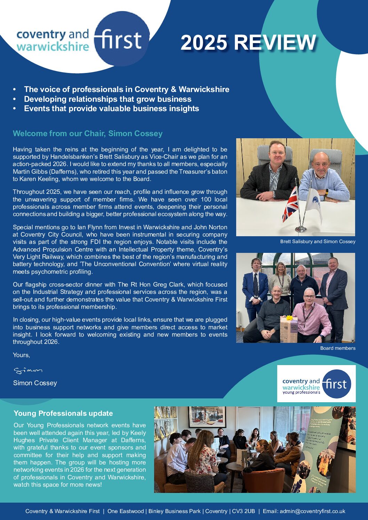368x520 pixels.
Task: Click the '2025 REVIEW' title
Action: pyautogui.click(x=248, y=43)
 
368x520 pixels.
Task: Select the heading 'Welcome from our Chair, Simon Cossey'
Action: pyautogui.click(x=88, y=134)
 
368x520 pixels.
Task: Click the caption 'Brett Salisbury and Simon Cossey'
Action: pyautogui.click(x=318, y=241)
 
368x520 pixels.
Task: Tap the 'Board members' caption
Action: pyautogui.click(x=337, y=348)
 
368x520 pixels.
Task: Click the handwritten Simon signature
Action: pyautogui.click(x=28, y=371)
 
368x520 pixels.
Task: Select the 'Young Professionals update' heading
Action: pyautogui.click(x=63, y=413)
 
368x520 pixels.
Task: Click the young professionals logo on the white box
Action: pyautogui.click(x=316, y=384)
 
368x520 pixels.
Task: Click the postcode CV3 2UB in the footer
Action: pyautogui.click(x=243, y=511)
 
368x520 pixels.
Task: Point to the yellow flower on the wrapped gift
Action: pyautogui.click(x=288, y=317)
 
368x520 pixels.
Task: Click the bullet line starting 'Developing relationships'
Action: pyautogui.click(x=107, y=99)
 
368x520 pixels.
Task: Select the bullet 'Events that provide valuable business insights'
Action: pyautogui.click(x=111, y=108)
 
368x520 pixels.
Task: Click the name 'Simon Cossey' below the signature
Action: pyautogui.click(x=35, y=383)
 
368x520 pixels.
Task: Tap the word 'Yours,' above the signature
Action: pyautogui.click(x=21, y=355)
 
